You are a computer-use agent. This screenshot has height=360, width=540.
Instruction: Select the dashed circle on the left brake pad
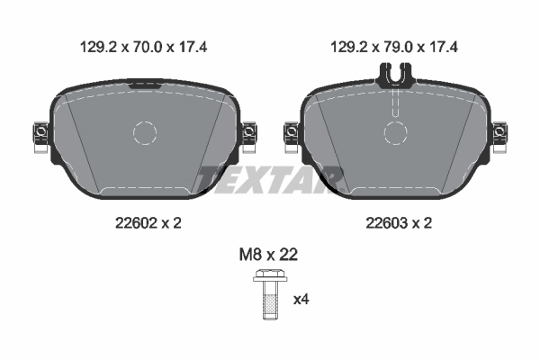coord(145,133)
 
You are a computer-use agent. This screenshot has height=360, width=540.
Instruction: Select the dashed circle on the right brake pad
coord(396,133)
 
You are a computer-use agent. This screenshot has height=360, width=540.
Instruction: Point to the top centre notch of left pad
coord(145,85)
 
